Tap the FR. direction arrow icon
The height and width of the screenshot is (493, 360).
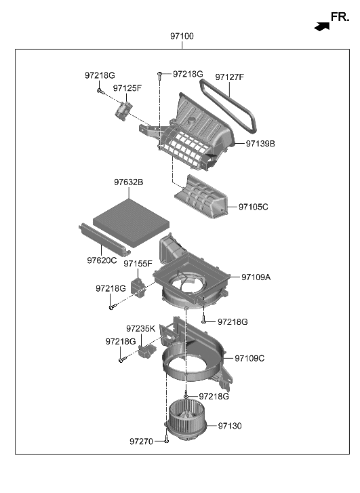[x=321, y=25]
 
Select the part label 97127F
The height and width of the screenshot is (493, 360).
[x=229, y=77]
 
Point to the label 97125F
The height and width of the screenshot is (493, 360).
[x=127, y=88]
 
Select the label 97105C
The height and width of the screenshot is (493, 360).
[x=254, y=206]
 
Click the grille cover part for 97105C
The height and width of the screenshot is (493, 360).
[x=203, y=195]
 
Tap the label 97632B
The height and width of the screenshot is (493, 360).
[x=128, y=182]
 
